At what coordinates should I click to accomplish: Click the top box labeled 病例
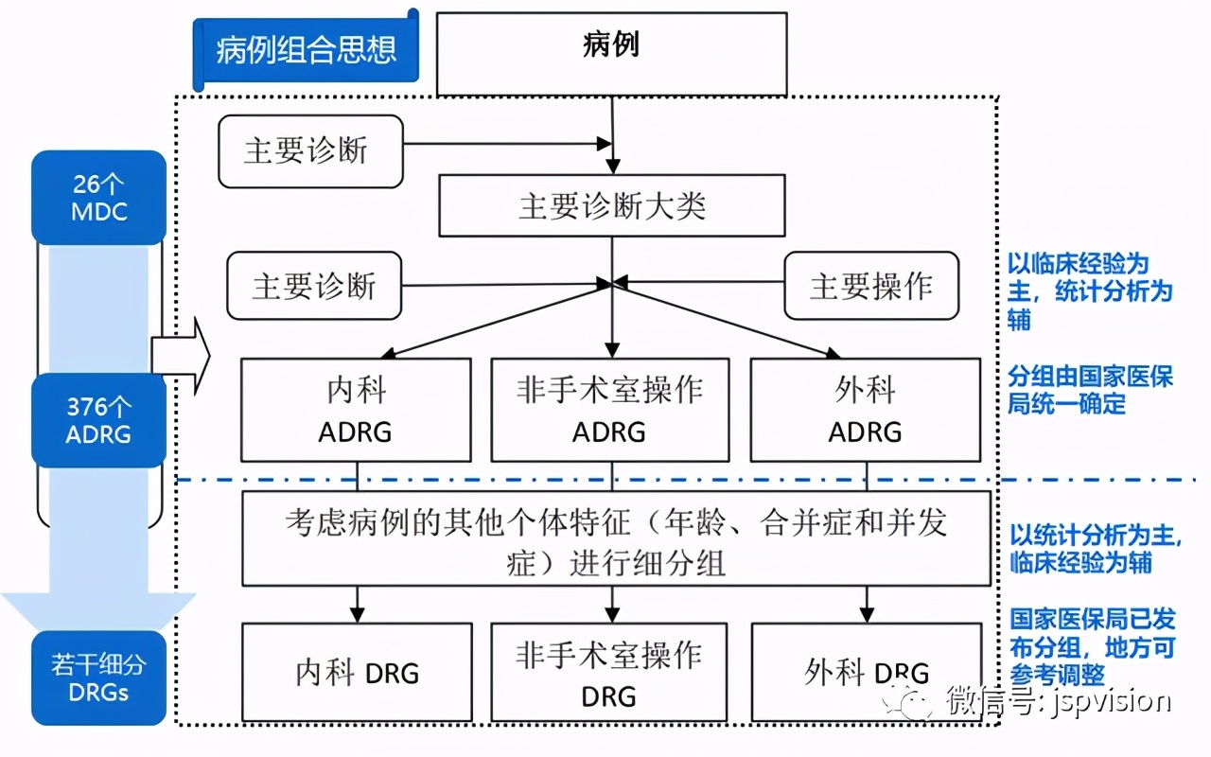point(611,53)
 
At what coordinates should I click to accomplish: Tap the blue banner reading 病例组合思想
point(306,49)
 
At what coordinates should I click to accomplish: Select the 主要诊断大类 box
point(611,205)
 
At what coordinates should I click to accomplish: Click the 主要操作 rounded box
point(870,287)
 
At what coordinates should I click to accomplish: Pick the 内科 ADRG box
point(356,410)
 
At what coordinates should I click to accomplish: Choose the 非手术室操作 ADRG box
point(609,410)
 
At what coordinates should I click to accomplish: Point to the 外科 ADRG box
point(865,410)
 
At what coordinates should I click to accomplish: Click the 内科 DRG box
point(357,673)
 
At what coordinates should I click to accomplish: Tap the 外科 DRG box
point(865,673)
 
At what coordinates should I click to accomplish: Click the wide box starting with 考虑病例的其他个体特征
point(616,538)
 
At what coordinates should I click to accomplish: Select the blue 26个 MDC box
point(99,197)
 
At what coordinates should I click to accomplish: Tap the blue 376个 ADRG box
point(99,420)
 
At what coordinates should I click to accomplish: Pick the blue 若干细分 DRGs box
point(99,678)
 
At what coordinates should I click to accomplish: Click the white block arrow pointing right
point(180,356)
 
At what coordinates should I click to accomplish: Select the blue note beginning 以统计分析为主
point(1096,549)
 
